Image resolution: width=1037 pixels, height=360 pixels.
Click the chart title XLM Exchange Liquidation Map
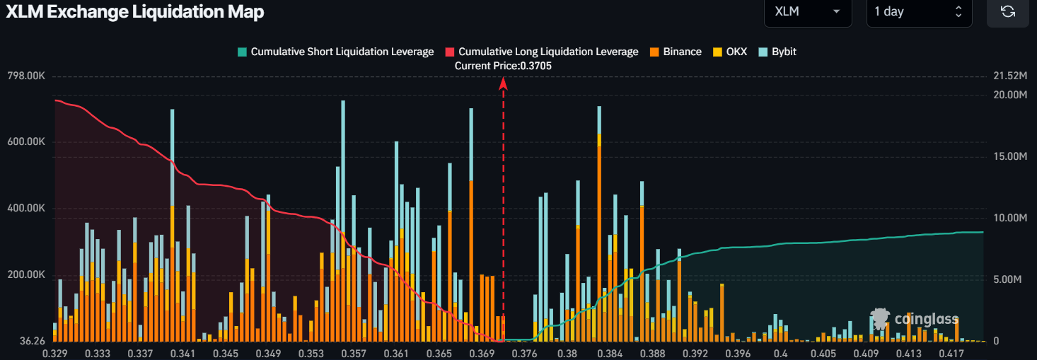click(134, 11)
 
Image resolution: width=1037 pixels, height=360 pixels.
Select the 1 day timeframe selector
click(918, 11)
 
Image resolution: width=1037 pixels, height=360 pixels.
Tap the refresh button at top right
click(1008, 11)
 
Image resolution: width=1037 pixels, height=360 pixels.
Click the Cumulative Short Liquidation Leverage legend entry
click(335, 52)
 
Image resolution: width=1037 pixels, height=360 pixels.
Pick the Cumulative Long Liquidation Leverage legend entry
click(542, 52)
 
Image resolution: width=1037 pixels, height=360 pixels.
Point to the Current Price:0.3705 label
click(503, 66)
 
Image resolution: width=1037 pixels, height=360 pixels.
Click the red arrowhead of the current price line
click(504, 83)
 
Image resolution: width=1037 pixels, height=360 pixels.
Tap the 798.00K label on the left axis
click(26, 76)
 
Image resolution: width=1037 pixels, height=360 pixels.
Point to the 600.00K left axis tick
click(26, 142)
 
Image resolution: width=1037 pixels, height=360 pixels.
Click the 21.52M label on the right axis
click(1009, 76)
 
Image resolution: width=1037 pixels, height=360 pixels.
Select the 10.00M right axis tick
click(1009, 218)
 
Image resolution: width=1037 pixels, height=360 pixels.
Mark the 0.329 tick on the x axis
click(55, 352)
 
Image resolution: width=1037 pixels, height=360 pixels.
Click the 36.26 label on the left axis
click(32, 341)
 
